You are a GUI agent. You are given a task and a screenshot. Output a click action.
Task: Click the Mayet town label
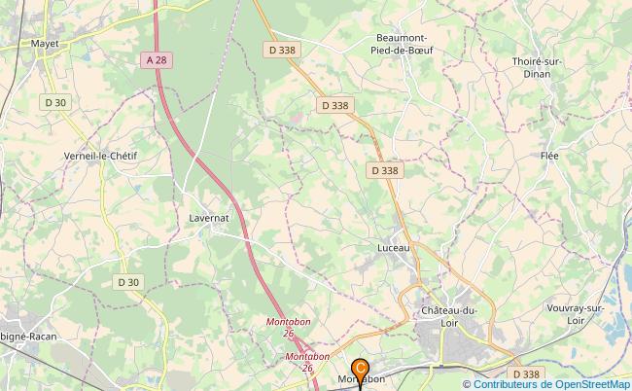click(x=45, y=44)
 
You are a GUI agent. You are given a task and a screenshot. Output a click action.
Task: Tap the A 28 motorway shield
click(x=155, y=60)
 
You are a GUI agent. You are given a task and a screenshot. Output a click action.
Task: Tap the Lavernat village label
click(x=208, y=218)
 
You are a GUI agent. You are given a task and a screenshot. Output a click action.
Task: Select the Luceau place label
click(x=394, y=247)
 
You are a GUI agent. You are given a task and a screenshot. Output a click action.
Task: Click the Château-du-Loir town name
click(x=449, y=316)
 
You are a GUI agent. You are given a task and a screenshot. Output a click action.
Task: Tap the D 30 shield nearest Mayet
click(x=54, y=102)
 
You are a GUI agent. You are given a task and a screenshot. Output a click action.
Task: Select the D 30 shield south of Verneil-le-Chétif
click(x=128, y=282)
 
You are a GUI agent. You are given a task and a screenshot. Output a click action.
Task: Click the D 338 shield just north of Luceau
click(x=384, y=170)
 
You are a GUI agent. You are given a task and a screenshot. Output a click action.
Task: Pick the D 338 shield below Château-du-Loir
click(x=524, y=373)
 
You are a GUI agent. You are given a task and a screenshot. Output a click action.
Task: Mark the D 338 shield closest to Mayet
click(x=281, y=50)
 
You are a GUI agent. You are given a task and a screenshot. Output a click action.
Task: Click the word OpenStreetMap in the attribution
click(x=589, y=384)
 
